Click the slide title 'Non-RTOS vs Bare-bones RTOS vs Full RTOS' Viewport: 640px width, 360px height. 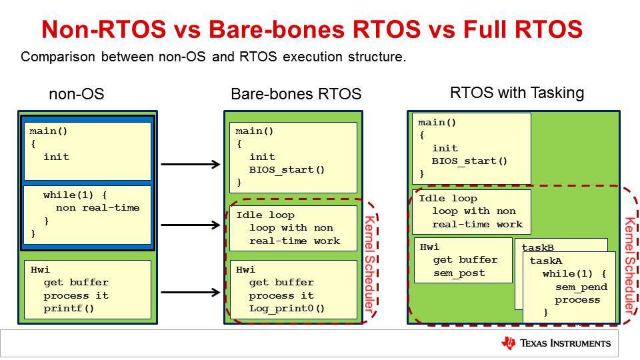pos(312,29)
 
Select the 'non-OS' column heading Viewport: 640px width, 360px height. pos(76,94)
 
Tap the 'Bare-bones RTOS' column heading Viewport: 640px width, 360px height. pos(296,94)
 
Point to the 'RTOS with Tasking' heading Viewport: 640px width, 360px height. pos(517,93)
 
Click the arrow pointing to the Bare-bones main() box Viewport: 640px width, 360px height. pos(191,164)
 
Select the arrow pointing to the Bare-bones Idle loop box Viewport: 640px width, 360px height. pos(191,225)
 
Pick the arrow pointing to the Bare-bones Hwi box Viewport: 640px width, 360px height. pos(191,292)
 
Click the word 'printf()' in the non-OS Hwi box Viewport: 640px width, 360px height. pos(69,308)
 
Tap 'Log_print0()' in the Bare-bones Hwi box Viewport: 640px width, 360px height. pos(287,308)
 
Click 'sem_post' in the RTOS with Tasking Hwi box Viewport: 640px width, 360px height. pos(459,273)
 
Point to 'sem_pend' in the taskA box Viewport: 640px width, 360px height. pos(581,287)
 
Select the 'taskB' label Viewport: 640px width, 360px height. pos(538,248)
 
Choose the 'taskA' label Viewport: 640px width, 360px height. pos(546,261)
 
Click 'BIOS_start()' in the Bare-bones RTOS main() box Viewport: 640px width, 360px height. pos(287,170)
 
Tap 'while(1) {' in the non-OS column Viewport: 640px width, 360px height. pos(75,195)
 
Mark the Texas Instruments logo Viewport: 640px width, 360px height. pos(556,343)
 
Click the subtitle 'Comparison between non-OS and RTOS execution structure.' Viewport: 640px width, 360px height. pos(213,57)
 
